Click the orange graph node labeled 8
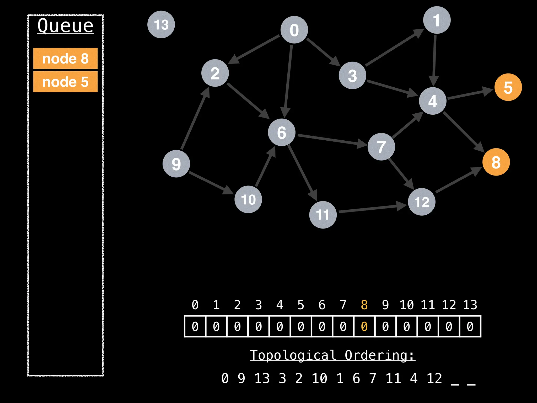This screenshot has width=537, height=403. [x=496, y=162]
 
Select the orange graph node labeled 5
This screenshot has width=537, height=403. [x=508, y=87]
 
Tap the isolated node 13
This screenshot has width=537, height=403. [x=161, y=24]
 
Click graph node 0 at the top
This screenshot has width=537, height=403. [x=294, y=30]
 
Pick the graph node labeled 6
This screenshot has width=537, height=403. [x=282, y=132]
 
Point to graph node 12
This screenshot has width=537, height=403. [x=421, y=202]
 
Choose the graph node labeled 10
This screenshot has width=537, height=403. [x=248, y=199]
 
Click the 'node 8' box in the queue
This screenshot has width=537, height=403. [x=65, y=58]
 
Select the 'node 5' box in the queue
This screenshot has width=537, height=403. [x=65, y=82]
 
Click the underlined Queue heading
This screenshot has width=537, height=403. [x=65, y=26]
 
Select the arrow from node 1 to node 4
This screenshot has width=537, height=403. [x=434, y=60]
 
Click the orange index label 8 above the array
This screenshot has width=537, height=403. [x=364, y=305]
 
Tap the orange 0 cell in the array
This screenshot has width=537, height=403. [x=364, y=326]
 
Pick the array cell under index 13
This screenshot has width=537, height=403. [x=470, y=326]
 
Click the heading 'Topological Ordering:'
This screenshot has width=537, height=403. [x=332, y=355]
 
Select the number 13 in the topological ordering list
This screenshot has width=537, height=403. [x=262, y=378]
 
